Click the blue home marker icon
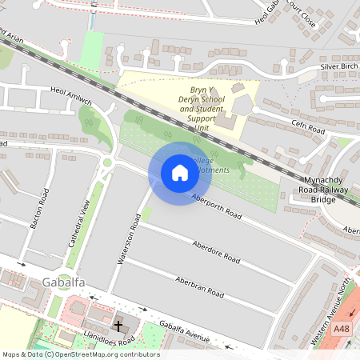pyautogui.click(x=179, y=172)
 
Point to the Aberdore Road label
pyautogui.click(x=216, y=250)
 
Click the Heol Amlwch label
pyautogui.click(x=70, y=94)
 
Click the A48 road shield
pyautogui.click(x=342, y=328)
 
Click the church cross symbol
pyautogui.click(x=118, y=326)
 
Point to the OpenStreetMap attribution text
pyautogui.click(x=80, y=354)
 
